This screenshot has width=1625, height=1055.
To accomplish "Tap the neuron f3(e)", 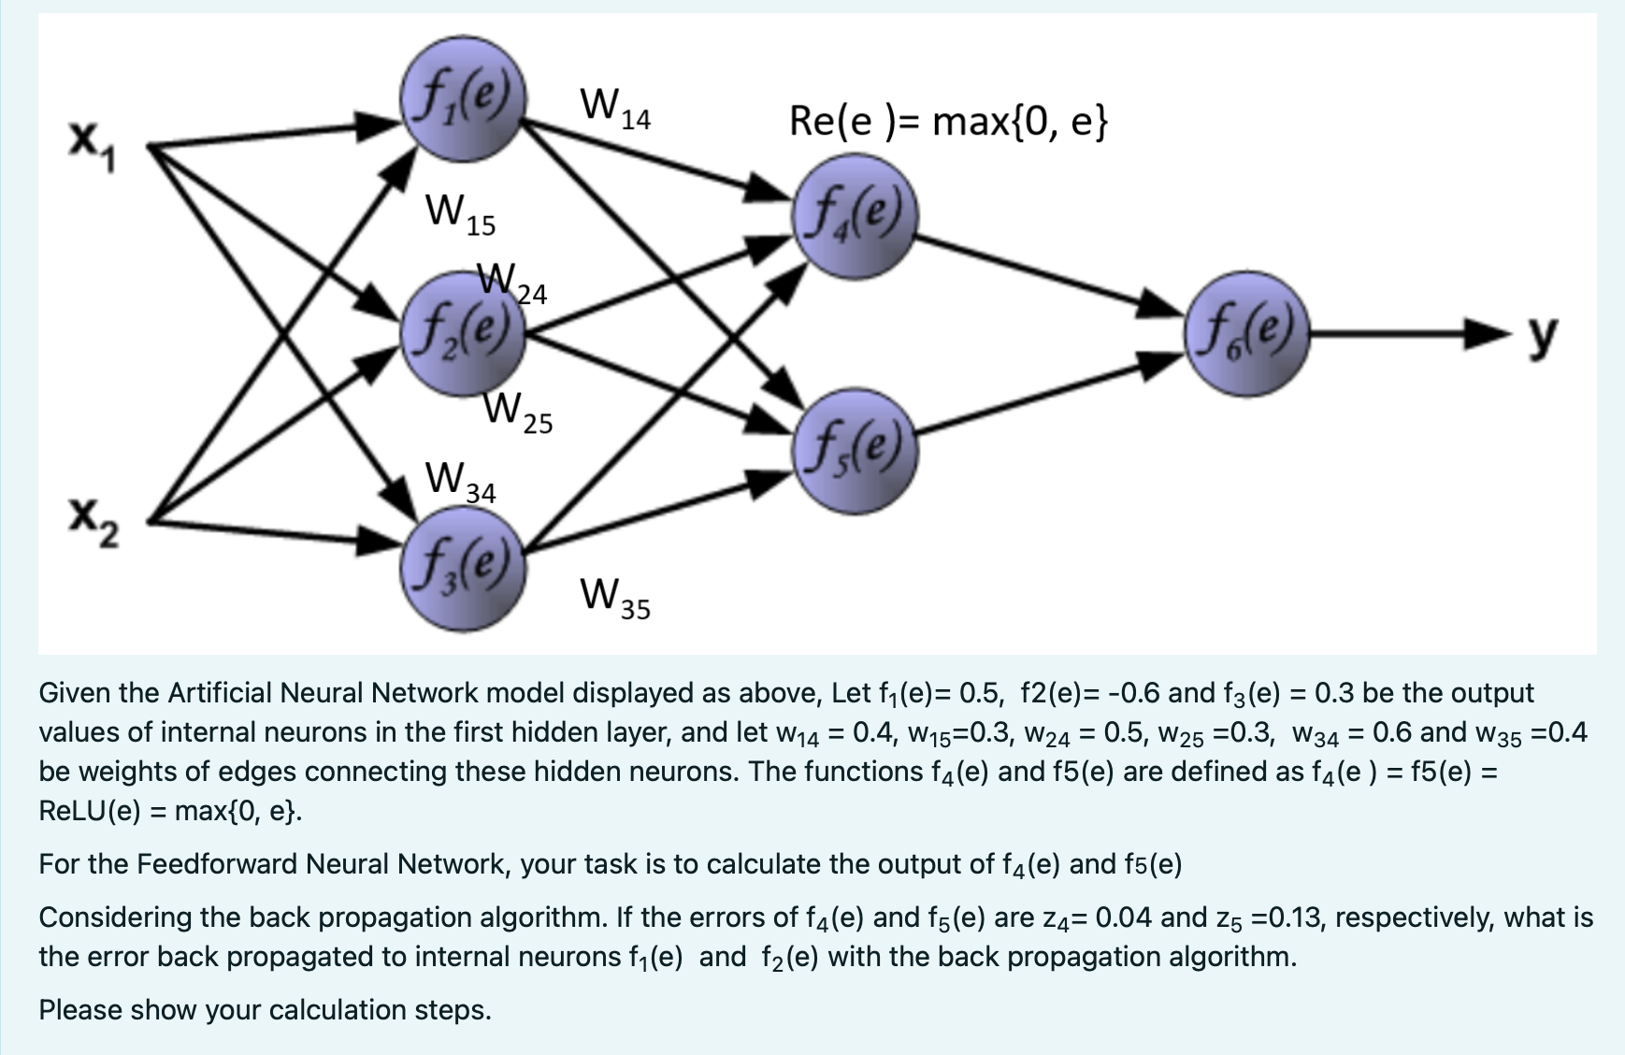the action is tap(463, 569).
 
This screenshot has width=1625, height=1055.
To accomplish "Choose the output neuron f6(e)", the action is tap(1246, 334).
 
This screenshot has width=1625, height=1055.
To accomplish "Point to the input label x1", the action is tap(92, 147).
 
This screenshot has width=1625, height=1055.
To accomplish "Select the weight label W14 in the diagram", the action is tap(614, 109).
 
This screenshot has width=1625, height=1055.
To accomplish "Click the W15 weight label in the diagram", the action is tap(460, 215).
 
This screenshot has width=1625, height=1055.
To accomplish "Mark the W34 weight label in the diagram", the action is tap(460, 483).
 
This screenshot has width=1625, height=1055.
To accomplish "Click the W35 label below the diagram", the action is tap(614, 599).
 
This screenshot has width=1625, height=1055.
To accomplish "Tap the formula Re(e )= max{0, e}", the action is tap(948, 123).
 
